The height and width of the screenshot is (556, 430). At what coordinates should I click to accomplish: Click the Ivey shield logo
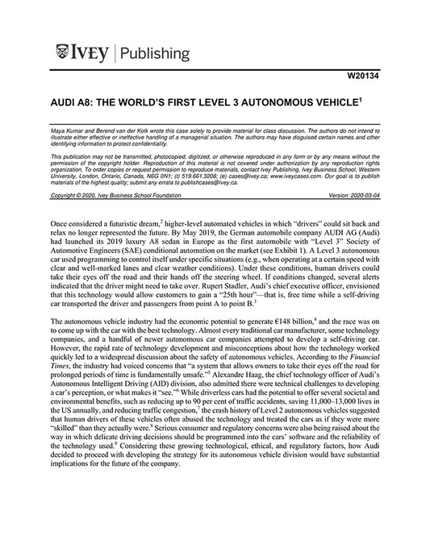pyautogui.click(x=65, y=54)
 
